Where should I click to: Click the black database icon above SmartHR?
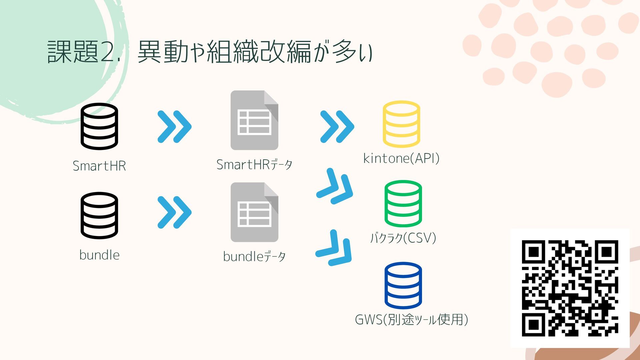coord(99,126)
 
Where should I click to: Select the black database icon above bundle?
coord(99,215)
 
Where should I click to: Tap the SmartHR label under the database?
coord(99,166)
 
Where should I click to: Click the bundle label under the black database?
coord(99,255)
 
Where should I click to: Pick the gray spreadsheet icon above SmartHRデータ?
coord(254,120)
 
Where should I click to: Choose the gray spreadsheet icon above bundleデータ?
coord(254,212)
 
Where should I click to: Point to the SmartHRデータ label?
coord(254,165)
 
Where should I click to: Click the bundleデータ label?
coord(254,257)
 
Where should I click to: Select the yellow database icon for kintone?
coord(401,124)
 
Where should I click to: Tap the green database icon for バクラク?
coord(403,204)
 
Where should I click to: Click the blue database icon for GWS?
coord(403,285)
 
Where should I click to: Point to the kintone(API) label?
coord(401,158)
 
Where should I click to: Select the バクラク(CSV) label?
coord(403,238)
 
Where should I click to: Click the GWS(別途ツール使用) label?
coord(411,319)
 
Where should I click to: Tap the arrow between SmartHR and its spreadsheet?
coord(174,127)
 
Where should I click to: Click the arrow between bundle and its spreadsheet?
coord(174,212)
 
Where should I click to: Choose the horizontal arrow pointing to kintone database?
coord(337,127)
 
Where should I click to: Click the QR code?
coord(570,288)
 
